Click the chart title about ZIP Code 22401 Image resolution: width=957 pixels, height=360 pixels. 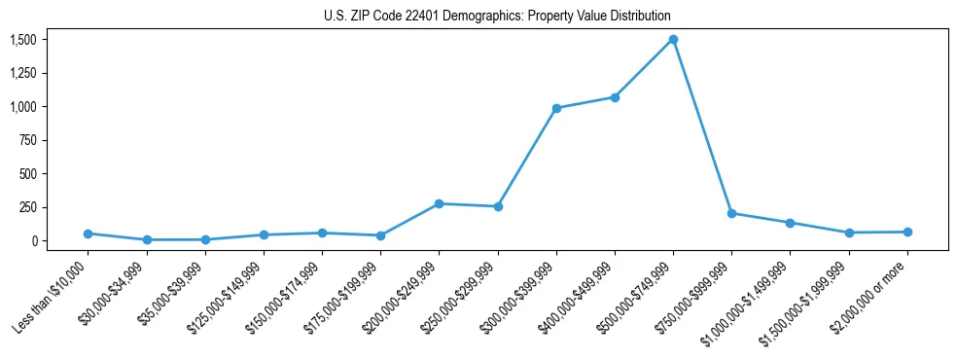[497, 17]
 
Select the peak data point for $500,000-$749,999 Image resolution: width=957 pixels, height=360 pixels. [673, 40]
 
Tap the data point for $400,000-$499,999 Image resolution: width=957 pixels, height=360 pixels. [615, 97]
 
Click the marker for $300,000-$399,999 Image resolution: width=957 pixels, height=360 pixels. [556, 108]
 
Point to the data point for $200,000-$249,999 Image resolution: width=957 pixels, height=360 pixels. [440, 203]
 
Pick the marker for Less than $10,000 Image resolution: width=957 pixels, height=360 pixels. [89, 234]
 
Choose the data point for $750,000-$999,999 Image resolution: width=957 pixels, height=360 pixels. [731, 213]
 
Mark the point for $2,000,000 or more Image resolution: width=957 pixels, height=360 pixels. [907, 232]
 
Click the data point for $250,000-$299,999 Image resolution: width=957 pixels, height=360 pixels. [498, 206]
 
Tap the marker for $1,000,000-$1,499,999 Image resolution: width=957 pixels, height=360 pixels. [790, 223]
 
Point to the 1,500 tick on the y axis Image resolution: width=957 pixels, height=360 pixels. [22, 40]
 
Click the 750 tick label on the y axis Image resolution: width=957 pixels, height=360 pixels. [27, 140]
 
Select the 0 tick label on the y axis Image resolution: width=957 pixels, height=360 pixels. [32, 240]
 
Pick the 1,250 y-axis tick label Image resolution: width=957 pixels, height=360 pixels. [22, 73]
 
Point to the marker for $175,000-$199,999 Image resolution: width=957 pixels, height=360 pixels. [381, 235]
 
